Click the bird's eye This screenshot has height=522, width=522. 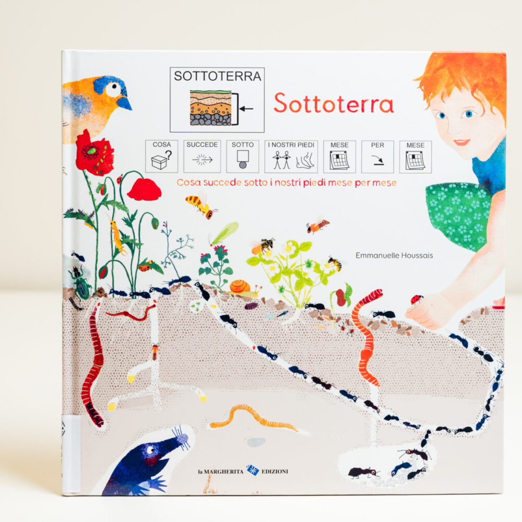point(113,89)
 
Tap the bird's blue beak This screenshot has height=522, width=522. point(124,103)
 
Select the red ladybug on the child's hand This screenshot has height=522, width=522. point(416,299)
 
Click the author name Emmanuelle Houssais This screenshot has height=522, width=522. point(387,255)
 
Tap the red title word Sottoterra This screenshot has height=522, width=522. point(334,103)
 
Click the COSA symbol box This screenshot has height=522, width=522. point(161,156)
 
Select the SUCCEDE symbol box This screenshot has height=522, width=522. point(201,156)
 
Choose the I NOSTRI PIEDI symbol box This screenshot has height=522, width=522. point(291,156)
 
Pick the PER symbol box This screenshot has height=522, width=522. point(377,156)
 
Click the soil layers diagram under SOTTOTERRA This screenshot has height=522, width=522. point(210,108)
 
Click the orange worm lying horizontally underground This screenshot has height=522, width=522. point(254,417)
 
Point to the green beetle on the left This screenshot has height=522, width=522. point(80,282)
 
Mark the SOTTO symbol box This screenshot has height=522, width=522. point(242,156)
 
